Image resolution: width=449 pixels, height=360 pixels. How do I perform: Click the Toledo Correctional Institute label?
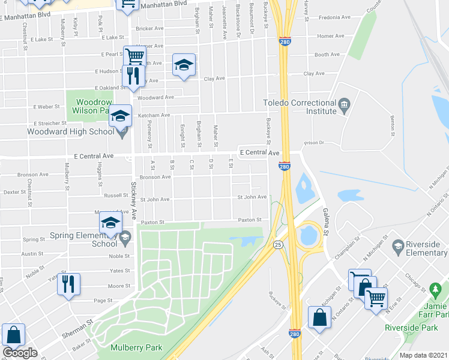300,106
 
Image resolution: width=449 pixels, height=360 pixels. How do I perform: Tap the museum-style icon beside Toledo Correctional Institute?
344,106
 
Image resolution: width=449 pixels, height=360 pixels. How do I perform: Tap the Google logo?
20,353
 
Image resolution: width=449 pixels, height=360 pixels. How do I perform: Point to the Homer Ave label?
331,36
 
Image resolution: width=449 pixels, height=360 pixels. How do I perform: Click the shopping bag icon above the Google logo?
13,335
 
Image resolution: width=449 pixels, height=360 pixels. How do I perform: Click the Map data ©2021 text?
424,355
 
